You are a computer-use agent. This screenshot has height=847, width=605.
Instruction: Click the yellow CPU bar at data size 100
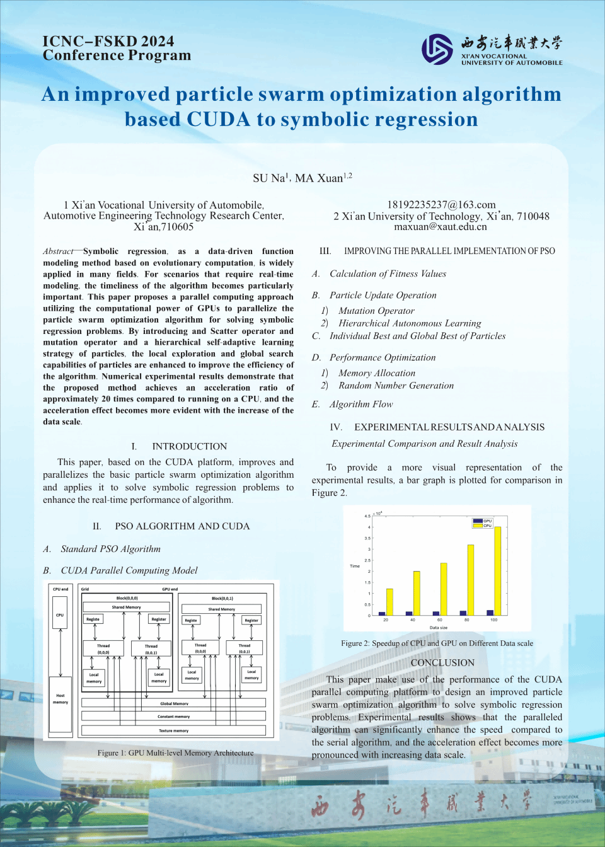[498, 570]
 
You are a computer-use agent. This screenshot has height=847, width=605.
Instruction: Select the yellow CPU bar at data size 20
[389, 602]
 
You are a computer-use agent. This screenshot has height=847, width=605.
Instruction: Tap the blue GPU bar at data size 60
[436, 613]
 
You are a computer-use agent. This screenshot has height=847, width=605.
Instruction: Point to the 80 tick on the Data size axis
[467, 620]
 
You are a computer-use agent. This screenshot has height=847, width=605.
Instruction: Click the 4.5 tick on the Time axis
[367, 516]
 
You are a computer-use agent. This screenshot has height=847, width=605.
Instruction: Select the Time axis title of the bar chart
[355, 566]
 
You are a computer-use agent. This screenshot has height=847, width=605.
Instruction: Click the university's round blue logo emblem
[437, 49]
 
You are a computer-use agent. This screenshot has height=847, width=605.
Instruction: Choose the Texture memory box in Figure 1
[173, 730]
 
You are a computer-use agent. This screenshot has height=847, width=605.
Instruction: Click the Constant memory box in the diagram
[173, 716]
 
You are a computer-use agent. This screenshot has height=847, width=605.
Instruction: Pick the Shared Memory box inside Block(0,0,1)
[222, 609]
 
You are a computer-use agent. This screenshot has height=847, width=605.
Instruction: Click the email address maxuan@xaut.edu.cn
[441, 227]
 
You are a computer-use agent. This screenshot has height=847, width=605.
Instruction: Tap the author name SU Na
[270, 178]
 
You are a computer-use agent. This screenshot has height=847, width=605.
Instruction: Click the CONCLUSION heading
[442, 663]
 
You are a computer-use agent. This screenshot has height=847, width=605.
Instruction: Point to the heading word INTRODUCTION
[190, 446]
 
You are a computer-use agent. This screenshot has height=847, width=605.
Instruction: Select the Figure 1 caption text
[175, 752]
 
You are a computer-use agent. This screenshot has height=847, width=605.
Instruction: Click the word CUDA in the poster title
[218, 119]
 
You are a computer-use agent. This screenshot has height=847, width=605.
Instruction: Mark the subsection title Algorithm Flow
[360, 404]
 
